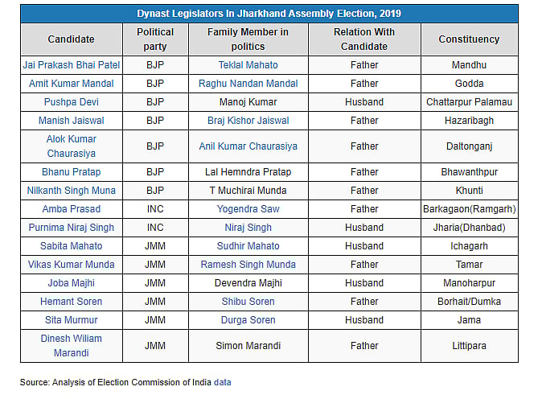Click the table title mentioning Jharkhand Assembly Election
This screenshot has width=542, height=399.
[x=269, y=14]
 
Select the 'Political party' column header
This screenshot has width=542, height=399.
[x=155, y=39]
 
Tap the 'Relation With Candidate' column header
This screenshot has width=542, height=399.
[x=364, y=39]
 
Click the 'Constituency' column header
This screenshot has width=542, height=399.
[x=469, y=39]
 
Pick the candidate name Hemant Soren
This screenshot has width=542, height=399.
[x=71, y=302]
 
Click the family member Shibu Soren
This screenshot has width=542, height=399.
[x=248, y=302]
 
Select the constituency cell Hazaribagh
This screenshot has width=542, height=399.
[x=469, y=121]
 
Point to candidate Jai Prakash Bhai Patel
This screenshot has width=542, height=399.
[x=71, y=64]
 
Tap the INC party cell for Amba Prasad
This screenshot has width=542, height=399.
[x=155, y=209]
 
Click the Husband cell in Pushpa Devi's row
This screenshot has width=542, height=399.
[x=364, y=102]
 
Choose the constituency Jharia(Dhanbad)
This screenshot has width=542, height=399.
[x=469, y=228]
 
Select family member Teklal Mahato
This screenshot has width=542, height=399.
[x=248, y=64]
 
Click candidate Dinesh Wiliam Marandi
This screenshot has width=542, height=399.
[x=71, y=346]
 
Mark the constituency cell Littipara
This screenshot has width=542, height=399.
[x=469, y=346]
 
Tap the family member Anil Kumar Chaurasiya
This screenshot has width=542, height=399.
[x=248, y=146]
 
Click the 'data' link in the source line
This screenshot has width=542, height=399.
[x=222, y=382]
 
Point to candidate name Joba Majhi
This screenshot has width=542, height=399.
[x=71, y=283]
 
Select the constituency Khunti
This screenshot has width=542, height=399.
[x=469, y=191]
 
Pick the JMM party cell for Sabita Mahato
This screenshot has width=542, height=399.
[x=155, y=246]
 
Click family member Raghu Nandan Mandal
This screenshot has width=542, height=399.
[x=248, y=84]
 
